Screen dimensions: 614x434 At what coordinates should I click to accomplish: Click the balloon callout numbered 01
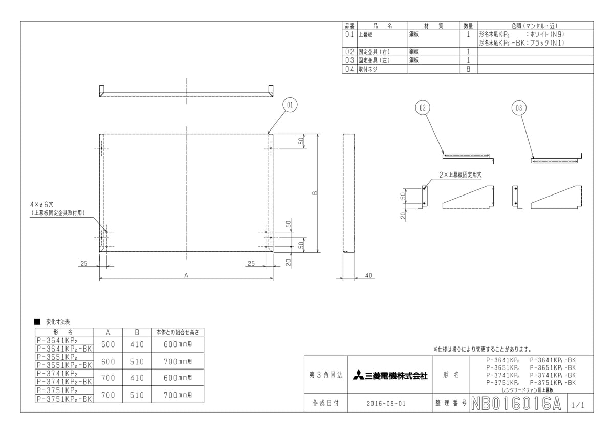290,105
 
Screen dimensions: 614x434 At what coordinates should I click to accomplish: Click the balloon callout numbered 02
423,108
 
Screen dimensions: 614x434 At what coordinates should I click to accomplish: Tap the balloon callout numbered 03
519,108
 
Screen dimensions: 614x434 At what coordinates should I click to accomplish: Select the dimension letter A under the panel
186,275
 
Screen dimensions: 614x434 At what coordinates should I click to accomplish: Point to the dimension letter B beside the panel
315,193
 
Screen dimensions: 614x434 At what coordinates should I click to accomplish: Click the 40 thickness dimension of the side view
369,275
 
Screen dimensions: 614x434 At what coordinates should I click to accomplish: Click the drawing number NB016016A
516,404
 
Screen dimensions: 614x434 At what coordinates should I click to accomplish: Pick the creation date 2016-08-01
386,404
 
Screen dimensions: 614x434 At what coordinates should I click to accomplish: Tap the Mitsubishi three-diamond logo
358,375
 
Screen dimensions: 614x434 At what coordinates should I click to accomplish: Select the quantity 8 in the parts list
468,69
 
